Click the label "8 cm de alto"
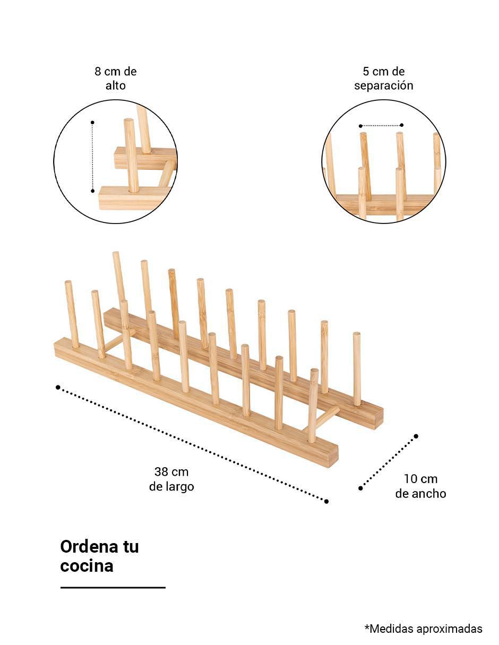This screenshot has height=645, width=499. (115, 79)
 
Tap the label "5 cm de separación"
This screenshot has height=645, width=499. (384, 79)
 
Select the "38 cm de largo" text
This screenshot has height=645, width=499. (171, 479)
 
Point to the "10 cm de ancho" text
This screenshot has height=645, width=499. (420, 486)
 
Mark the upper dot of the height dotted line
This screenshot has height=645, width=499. (92, 122)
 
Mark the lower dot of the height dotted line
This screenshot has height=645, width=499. (92, 191)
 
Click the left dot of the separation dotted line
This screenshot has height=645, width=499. (360, 126)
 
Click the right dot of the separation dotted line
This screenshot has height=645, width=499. (402, 125)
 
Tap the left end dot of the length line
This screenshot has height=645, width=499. (58, 387)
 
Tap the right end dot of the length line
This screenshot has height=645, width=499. (326, 501)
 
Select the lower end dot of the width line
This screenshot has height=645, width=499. (360, 488)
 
